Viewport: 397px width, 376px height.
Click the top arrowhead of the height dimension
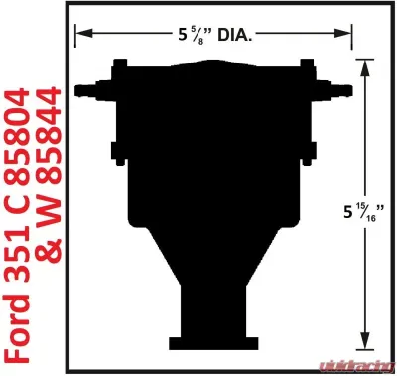click(x=368, y=62)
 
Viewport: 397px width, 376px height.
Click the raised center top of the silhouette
click(x=216, y=62)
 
